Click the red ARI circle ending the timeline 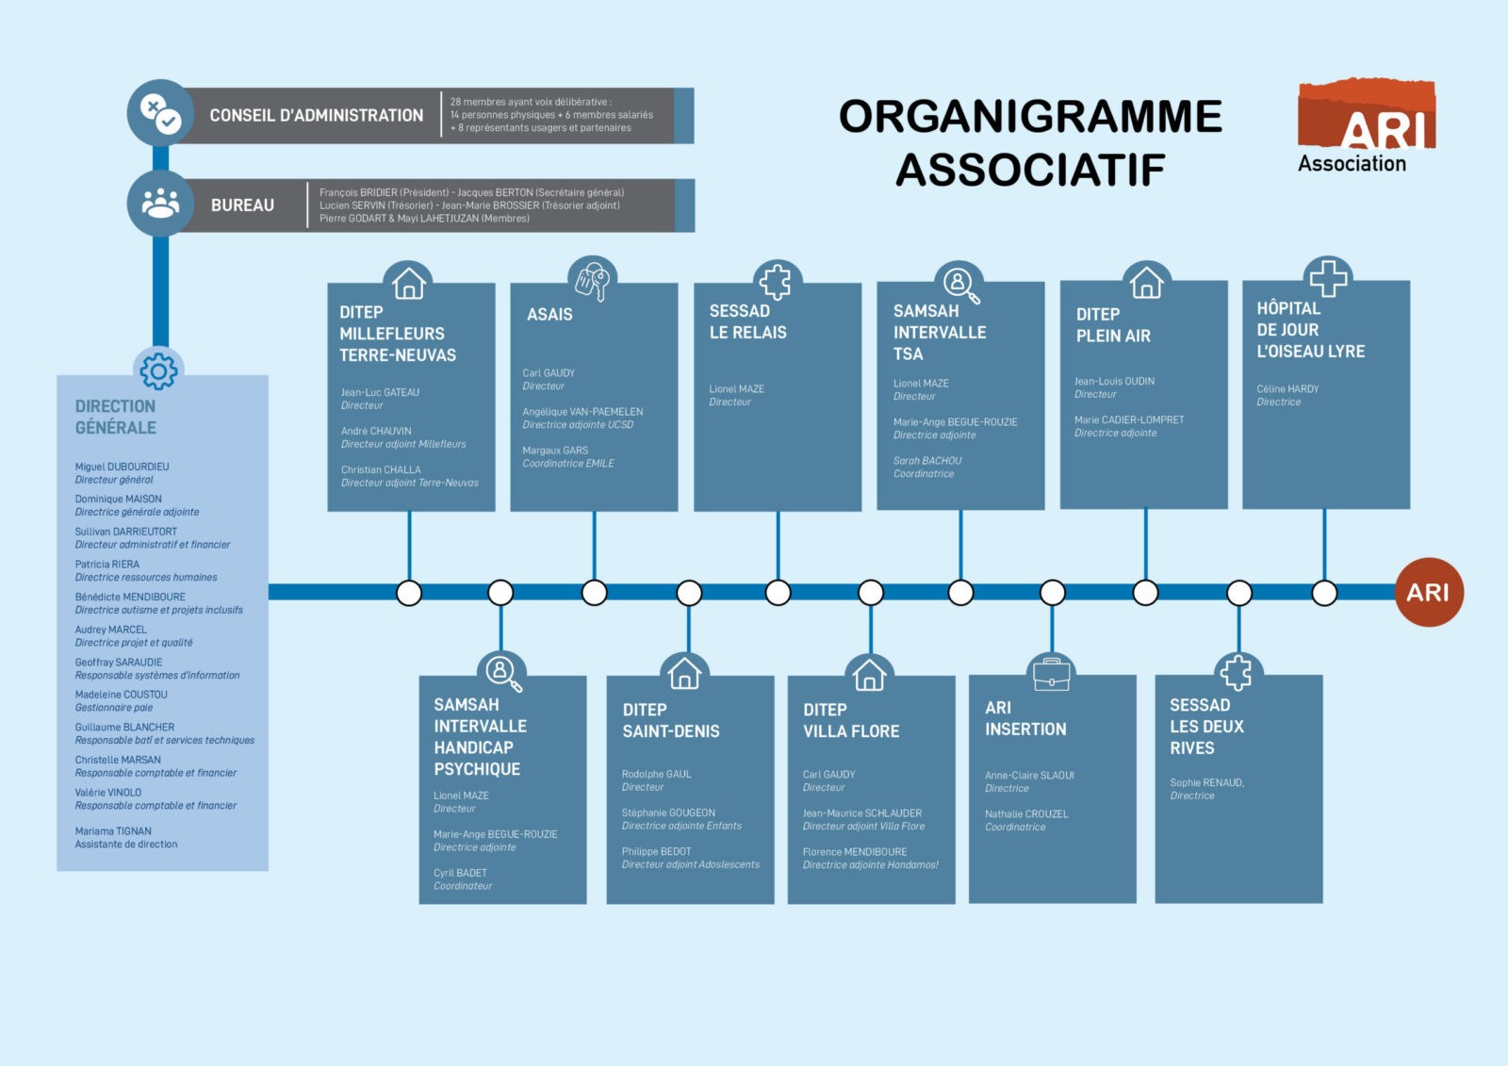click(x=1428, y=592)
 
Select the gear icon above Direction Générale click(x=158, y=371)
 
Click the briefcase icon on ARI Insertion click(x=1051, y=674)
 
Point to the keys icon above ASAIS click(x=592, y=280)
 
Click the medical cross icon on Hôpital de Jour click(x=1328, y=278)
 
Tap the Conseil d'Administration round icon click(x=160, y=113)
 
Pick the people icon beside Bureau click(x=160, y=204)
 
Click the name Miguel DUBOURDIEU click(x=123, y=467)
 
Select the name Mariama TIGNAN click(x=113, y=831)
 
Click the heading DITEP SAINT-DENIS click(x=670, y=720)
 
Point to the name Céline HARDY click(x=1287, y=388)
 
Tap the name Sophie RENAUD click(x=1206, y=782)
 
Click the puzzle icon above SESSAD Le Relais click(x=776, y=281)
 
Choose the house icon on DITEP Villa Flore click(x=869, y=675)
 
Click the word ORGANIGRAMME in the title click(x=1030, y=117)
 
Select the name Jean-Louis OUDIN click(x=1114, y=381)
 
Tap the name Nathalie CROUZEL click(x=1026, y=813)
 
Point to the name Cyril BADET click(x=460, y=873)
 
